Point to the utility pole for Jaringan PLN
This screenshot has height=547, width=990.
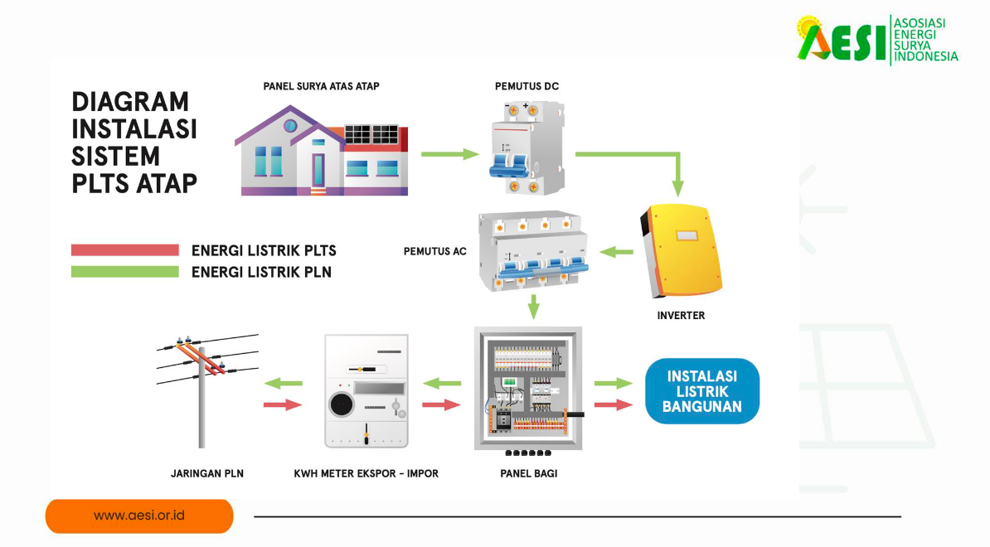click(x=201, y=390)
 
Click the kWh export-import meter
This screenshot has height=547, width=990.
click(x=366, y=390)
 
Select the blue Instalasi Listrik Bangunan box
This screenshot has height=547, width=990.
click(x=701, y=390)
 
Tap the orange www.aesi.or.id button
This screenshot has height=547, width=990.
click(x=139, y=516)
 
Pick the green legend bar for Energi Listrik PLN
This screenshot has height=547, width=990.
click(x=125, y=271)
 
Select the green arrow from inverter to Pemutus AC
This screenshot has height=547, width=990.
click(x=616, y=251)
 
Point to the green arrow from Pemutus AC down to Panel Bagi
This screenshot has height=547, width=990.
click(x=533, y=306)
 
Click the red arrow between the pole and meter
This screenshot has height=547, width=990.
click(x=282, y=404)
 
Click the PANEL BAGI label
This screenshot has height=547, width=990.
click(x=529, y=473)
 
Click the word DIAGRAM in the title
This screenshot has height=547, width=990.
click(x=130, y=102)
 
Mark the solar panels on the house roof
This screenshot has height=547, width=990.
click(x=371, y=134)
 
